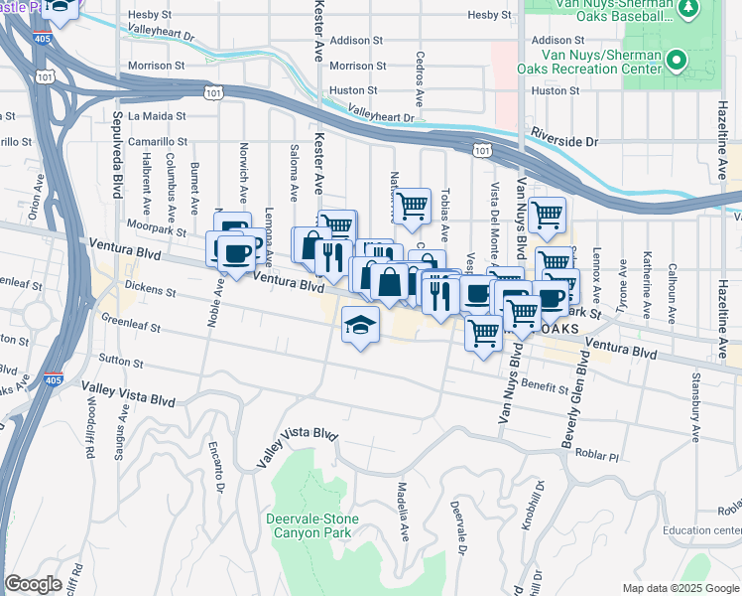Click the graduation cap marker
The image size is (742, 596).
click(361, 324)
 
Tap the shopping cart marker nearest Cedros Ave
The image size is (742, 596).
click(411, 207)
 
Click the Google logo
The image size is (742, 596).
click(33, 584)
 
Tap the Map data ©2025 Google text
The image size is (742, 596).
click(680, 588)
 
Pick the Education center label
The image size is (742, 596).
click(702, 530)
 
